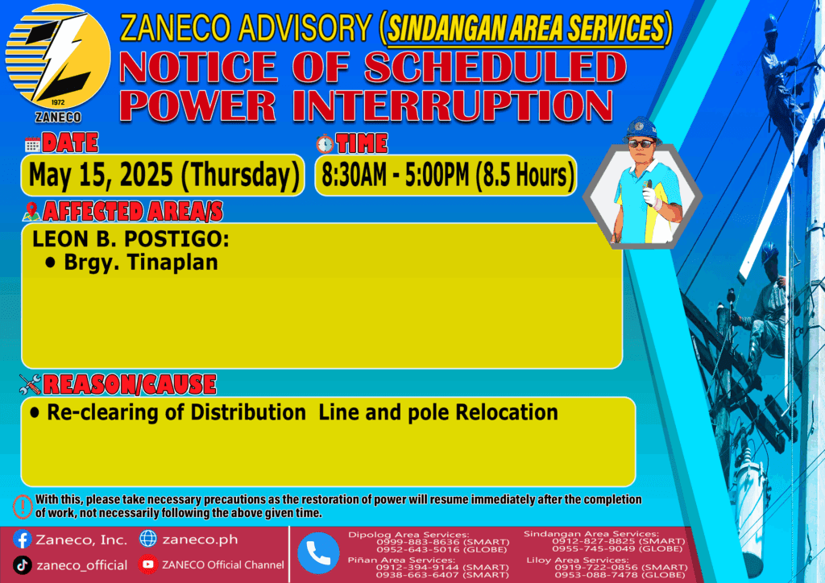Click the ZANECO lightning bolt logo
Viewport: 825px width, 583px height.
pos(57,57)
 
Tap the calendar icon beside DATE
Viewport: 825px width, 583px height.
pos(32,144)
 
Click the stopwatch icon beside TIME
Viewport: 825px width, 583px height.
pos(325,143)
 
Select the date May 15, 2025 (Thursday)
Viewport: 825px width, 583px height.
pos(164,175)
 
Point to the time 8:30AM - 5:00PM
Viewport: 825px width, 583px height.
pos(395,175)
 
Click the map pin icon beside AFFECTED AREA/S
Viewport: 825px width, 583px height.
pos(31,211)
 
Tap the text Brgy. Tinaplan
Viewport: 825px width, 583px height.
pos(140,263)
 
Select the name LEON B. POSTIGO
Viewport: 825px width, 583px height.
pos(130,239)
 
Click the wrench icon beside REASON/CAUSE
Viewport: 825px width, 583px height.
pos(30,384)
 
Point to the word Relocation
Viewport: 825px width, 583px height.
pos(507,412)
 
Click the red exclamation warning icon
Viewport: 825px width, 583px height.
pos(23,507)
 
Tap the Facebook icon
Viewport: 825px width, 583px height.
pos(22,540)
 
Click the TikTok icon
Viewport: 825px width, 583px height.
pos(22,565)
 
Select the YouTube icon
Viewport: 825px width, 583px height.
pos(148,564)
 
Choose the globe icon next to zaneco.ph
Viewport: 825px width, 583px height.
pos(148,539)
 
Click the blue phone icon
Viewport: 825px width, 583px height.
pos(318,553)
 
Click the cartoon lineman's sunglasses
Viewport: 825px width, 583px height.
pos(641,143)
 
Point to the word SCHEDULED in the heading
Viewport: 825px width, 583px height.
pos(495,68)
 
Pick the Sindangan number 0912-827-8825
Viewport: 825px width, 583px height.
pos(590,541)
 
